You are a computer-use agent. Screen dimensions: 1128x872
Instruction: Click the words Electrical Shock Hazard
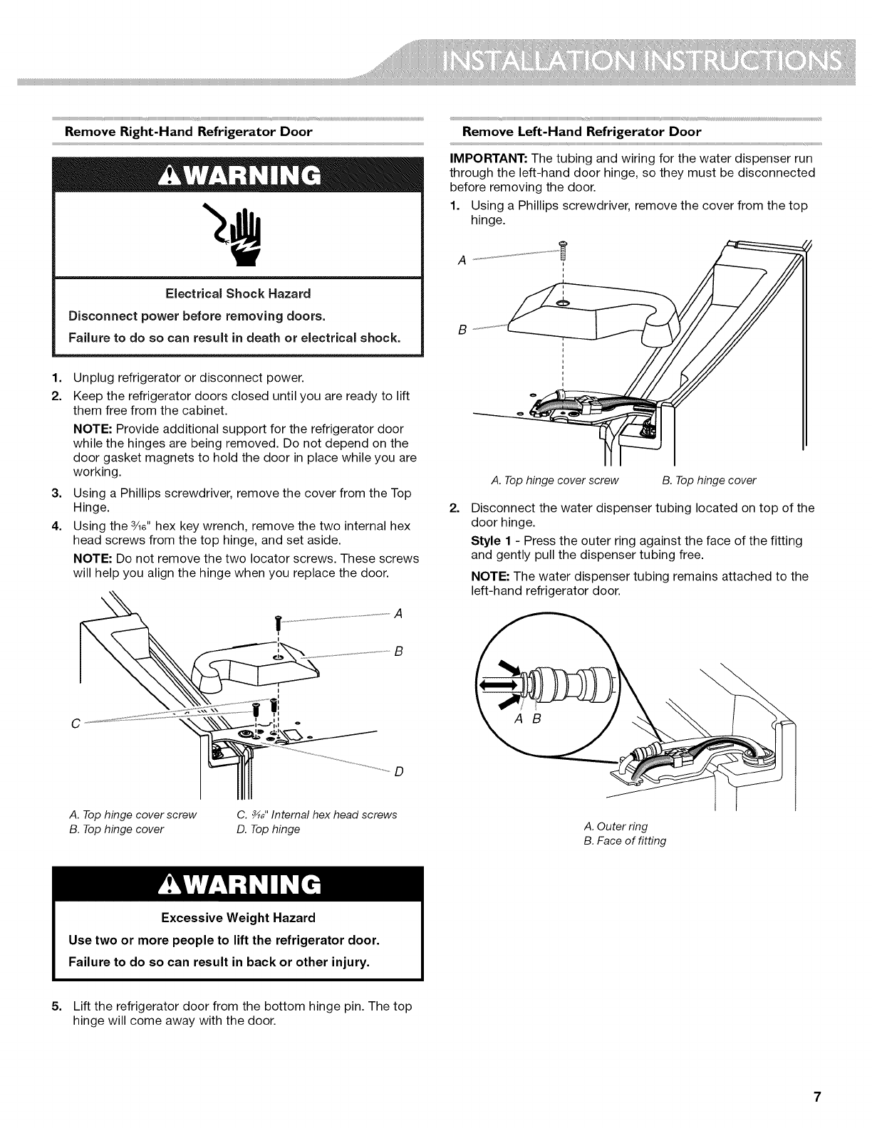coord(238,293)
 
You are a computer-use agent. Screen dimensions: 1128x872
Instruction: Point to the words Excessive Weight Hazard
coord(238,917)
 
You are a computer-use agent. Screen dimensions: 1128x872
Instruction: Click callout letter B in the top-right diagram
coord(462,330)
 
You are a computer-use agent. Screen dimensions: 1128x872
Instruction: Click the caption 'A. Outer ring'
coord(616,826)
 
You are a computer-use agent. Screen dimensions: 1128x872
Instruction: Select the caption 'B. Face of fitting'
coord(625,840)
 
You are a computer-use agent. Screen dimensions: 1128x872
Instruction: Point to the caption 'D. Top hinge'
coord(268,829)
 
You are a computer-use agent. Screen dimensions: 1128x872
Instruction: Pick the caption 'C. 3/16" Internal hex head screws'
coord(316,815)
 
